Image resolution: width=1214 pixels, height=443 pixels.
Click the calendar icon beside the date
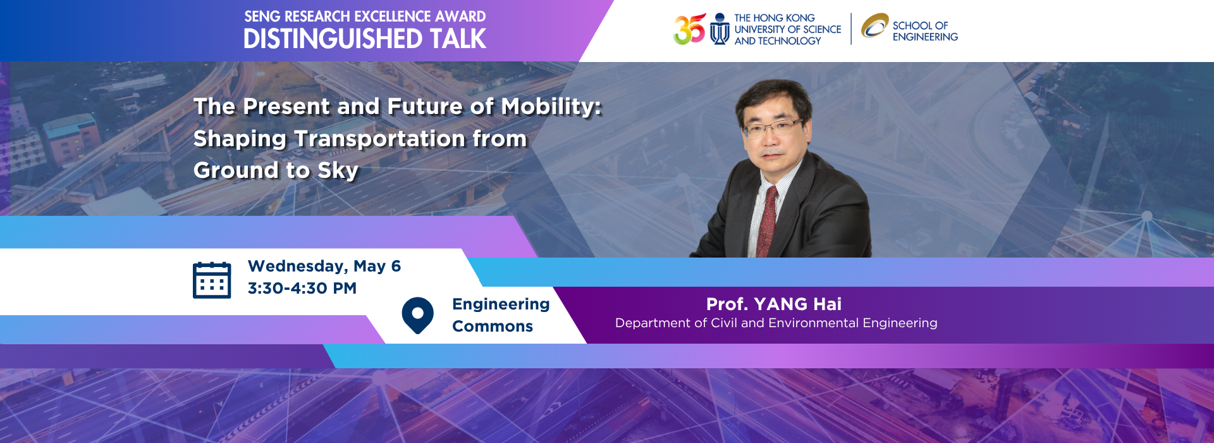click(x=212, y=280)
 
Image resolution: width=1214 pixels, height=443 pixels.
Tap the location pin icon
click(x=417, y=315)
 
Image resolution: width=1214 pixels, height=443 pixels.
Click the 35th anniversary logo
click(x=689, y=29)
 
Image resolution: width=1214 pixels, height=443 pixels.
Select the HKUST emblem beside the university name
click(x=720, y=29)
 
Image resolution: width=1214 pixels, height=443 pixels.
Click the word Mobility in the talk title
click(x=551, y=106)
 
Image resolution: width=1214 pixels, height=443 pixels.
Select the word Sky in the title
click(x=338, y=170)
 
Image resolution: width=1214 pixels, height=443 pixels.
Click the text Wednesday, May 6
click(x=324, y=266)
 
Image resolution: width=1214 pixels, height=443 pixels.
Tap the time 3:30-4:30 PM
click(x=302, y=289)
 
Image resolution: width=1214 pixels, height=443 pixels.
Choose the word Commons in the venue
click(x=493, y=327)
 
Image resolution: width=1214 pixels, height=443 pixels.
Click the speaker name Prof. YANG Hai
click(x=774, y=304)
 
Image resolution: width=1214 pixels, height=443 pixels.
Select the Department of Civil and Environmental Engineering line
click(x=776, y=323)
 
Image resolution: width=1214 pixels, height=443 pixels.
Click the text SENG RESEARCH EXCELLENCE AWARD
click(x=365, y=16)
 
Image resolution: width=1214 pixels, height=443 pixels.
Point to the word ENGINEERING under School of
click(x=925, y=37)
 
